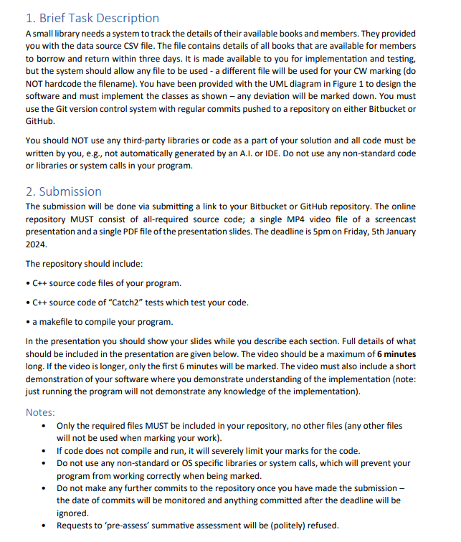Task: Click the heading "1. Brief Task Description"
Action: (92, 18)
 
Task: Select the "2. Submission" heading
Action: (63, 191)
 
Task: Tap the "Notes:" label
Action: (40, 412)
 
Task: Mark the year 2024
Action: (37, 244)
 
